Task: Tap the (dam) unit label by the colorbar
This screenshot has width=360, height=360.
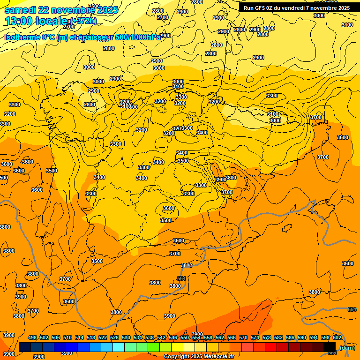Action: [347, 348]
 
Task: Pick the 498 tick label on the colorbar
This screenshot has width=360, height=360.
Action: [32, 337]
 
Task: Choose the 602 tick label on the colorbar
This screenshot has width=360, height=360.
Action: [337, 337]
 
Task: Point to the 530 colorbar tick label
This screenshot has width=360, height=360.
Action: [126, 337]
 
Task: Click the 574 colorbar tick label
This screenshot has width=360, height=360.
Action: [255, 337]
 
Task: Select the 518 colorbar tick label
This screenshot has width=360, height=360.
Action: [91, 337]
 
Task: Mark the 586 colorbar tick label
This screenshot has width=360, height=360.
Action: [290, 337]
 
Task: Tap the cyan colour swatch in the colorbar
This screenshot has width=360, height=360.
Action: [119, 347]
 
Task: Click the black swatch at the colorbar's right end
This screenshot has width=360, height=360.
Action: [330, 347]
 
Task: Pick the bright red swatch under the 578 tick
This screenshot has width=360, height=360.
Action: [271, 347]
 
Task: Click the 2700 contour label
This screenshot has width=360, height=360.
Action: [162, 17]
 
